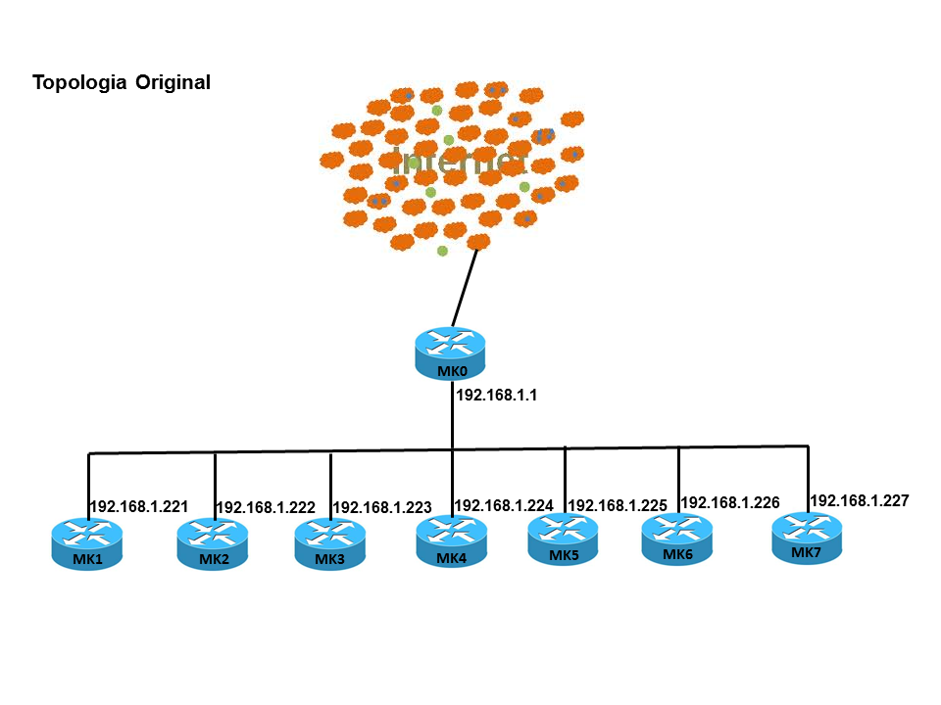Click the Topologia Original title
[x=122, y=82]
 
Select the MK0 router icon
[x=451, y=350]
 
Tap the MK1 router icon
[x=87, y=541]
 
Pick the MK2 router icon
[x=213, y=541]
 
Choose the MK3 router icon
[x=330, y=541]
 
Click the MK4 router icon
[x=451, y=540]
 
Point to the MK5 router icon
[x=564, y=538]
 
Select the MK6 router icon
[x=677, y=537]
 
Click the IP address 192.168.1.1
[x=498, y=397]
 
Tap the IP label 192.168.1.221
[x=138, y=507]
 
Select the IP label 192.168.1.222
[x=266, y=508]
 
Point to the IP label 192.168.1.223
[x=382, y=508]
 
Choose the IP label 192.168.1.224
[x=504, y=505]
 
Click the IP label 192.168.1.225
[x=618, y=505]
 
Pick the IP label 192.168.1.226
[x=730, y=502]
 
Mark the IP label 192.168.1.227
[x=860, y=500]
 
